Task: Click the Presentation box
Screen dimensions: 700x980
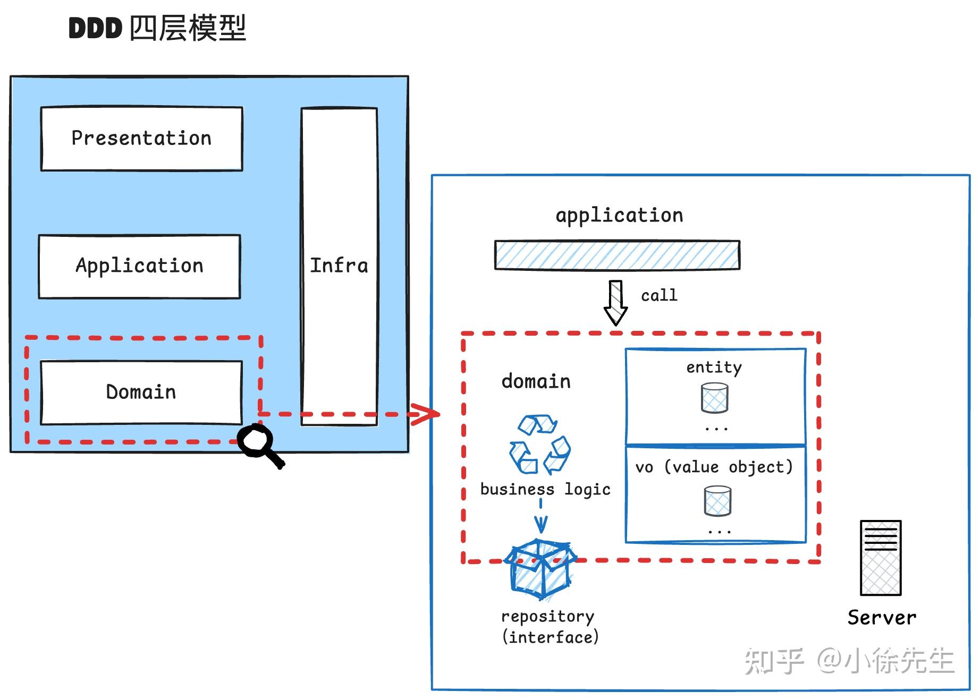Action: click(x=141, y=139)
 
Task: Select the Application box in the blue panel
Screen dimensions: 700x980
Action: click(x=139, y=266)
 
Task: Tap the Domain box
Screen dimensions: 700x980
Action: click(x=141, y=392)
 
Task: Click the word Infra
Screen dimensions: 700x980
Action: click(x=339, y=266)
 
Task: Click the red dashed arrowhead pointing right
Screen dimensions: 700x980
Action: click(x=425, y=414)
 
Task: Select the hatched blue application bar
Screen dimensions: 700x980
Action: click(x=616, y=255)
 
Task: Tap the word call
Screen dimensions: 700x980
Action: click(x=659, y=295)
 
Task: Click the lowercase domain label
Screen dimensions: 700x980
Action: click(x=536, y=381)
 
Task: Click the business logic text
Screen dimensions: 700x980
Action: click(x=545, y=489)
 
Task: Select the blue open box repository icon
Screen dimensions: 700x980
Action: click(x=540, y=569)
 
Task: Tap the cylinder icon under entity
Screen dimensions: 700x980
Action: click(x=714, y=398)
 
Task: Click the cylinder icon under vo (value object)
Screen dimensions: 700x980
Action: click(x=717, y=501)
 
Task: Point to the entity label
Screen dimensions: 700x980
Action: click(x=714, y=367)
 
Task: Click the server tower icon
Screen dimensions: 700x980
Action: click(x=881, y=558)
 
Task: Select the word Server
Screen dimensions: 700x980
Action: click(x=882, y=618)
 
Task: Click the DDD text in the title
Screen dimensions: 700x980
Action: click(x=95, y=28)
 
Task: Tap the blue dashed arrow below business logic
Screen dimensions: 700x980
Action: click(x=541, y=515)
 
